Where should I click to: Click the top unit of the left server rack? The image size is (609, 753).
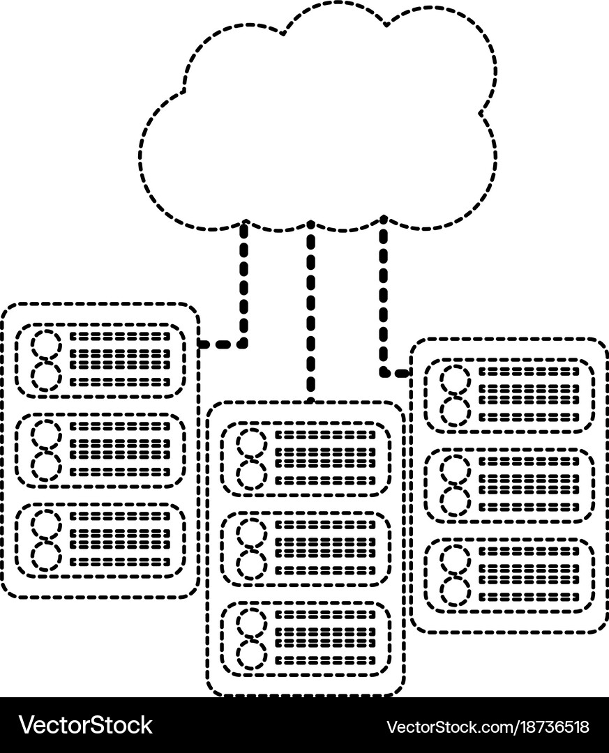[100, 360]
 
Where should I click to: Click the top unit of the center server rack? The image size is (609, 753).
[306, 457]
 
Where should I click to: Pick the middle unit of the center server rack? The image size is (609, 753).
[306, 548]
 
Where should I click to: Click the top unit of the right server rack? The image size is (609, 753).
[509, 395]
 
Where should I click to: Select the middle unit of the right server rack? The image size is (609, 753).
[509, 485]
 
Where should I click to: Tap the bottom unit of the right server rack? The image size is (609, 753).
[509, 575]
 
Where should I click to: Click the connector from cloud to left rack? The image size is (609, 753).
[243, 293]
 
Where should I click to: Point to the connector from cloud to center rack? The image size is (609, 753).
[311, 314]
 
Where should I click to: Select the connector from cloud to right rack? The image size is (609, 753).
[384, 300]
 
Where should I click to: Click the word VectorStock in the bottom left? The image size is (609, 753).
[86, 726]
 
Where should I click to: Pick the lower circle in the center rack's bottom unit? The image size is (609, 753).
[251, 653]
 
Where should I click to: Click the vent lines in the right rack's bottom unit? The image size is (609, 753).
[529, 575]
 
